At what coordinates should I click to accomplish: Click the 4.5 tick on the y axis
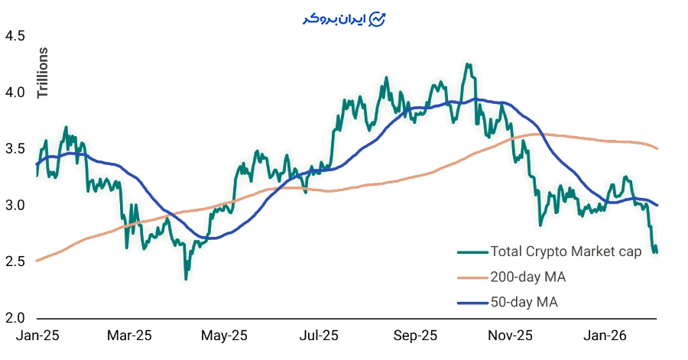pos(15,36)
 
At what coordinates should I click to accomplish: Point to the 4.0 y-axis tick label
pos(15,92)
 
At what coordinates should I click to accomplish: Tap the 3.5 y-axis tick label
pos(15,149)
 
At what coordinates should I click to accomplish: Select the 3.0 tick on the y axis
pos(15,206)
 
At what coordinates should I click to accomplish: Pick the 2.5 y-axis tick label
pos(15,262)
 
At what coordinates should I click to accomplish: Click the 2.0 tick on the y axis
pos(15,318)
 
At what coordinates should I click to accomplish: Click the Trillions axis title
pos(43,73)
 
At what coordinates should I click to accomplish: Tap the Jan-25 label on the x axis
pos(37,336)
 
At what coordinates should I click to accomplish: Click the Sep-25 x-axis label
pos(416,336)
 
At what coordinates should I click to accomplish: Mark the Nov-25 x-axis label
pos(510,336)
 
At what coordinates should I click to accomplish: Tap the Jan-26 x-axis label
pos(605,336)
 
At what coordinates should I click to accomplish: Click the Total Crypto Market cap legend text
pos(566,251)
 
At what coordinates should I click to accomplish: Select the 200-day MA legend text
pos(527,277)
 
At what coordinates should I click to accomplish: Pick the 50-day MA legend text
pos(524,302)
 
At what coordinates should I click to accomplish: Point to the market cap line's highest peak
pos(467,64)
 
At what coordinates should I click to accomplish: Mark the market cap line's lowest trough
pos(186,279)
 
